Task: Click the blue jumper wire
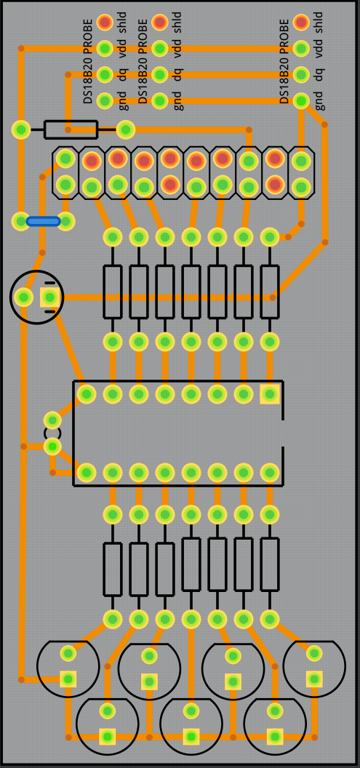click(x=43, y=221)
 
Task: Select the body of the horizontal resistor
click(x=71, y=129)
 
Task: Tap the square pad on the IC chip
click(x=269, y=393)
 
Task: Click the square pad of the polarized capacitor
click(x=49, y=297)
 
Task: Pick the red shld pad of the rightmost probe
click(x=301, y=22)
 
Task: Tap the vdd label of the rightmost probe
click(x=319, y=49)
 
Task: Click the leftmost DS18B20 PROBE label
click(x=88, y=61)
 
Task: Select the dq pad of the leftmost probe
click(x=105, y=75)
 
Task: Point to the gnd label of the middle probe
click(x=177, y=101)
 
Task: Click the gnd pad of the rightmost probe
click(x=301, y=101)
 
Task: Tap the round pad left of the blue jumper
click(x=20, y=221)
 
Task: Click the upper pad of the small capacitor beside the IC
click(x=52, y=420)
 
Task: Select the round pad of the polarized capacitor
click(x=23, y=297)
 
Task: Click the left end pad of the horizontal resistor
click(x=20, y=129)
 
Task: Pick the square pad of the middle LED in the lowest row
click(x=191, y=736)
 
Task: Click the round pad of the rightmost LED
click(x=314, y=653)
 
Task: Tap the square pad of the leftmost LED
click(x=68, y=679)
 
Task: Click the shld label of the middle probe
click(x=177, y=22)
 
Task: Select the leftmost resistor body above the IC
click(x=113, y=292)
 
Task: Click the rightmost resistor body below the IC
click(x=269, y=564)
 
